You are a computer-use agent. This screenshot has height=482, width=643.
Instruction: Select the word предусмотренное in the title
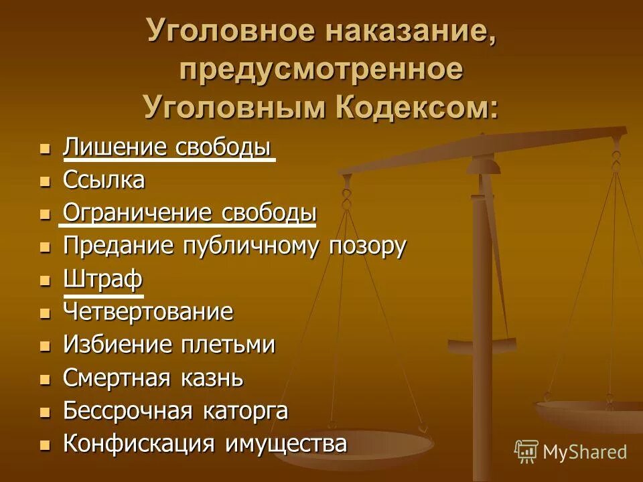(x=321, y=70)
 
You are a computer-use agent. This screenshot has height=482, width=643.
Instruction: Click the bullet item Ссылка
(x=104, y=180)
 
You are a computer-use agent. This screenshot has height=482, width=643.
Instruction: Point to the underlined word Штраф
(x=103, y=279)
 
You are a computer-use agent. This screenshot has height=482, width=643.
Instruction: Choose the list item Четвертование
(x=148, y=311)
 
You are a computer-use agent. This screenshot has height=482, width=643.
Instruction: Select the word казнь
(x=210, y=378)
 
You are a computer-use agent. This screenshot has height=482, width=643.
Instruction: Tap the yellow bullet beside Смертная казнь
(x=45, y=379)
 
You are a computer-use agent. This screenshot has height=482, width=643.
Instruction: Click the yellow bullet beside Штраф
(x=45, y=280)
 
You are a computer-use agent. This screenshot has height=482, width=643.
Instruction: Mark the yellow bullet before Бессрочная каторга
(x=45, y=412)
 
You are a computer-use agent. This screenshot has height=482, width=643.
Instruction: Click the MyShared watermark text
(x=585, y=451)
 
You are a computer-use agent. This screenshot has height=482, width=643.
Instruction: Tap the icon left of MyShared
(x=526, y=451)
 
